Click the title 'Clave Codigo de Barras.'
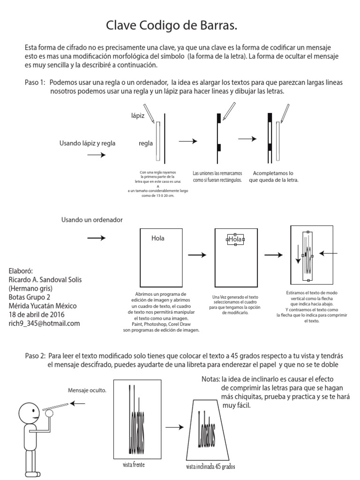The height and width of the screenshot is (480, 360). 171,26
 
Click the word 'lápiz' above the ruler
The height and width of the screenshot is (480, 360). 138,114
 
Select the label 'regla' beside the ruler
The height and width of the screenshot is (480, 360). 146,143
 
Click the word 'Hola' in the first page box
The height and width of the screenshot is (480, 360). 158,238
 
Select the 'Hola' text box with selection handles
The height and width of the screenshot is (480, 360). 235,239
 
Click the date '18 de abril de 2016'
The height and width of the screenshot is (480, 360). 37,314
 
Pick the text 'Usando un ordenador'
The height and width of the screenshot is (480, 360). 92,220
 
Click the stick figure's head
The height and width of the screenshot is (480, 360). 29,413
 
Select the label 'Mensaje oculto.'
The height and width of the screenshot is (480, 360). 87,390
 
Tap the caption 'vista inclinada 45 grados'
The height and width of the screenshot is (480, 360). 210,467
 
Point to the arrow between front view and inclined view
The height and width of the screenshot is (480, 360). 175,427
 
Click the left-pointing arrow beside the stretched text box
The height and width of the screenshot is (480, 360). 328,254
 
